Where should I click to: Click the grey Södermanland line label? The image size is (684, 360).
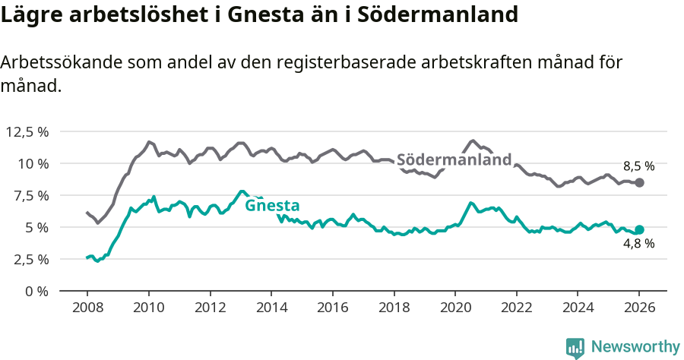click(454, 160)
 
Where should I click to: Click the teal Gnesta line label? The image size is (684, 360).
click(271, 205)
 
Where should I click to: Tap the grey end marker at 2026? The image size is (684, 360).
click(639, 182)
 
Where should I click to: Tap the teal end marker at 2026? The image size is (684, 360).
click(639, 229)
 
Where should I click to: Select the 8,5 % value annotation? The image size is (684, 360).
click(638, 166)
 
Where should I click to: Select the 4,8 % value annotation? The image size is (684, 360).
click(638, 244)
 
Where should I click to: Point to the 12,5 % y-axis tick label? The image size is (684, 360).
click(27, 131)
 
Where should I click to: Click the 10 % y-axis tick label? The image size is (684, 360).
click(33, 163)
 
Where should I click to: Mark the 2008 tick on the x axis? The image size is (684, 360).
click(87, 309)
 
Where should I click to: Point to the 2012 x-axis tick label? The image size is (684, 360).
click(210, 309)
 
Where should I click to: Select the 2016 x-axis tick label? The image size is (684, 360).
click(332, 309)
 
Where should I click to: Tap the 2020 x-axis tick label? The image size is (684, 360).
click(455, 309)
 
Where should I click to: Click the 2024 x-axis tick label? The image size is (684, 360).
click(578, 309)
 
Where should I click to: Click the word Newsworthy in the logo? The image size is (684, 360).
click(635, 347)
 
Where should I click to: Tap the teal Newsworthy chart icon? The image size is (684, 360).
click(575, 347)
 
